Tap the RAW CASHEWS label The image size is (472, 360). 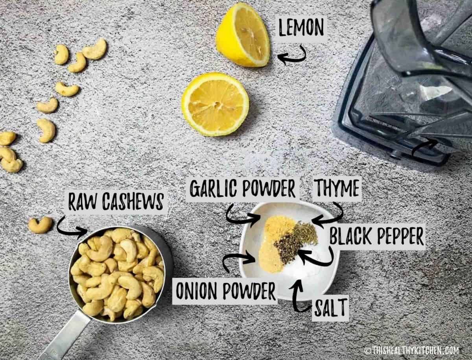click(x=116, y=202)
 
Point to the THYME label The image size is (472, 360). click(x=337, y=188)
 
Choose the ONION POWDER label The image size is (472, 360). click(x=225, y=291)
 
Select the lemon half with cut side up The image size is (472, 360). click(x=215, y=104)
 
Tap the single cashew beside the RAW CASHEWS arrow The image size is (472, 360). click(x=40, y=225)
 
